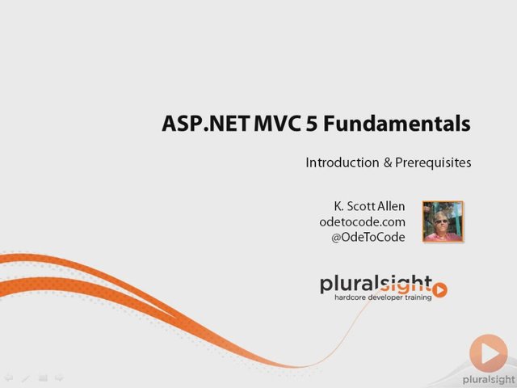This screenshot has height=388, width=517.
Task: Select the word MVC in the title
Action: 278,123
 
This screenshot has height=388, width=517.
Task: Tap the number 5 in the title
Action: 312,123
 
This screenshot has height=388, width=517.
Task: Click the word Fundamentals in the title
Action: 397,123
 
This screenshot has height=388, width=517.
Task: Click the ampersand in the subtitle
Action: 388,162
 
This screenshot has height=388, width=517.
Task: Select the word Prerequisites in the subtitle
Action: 433,163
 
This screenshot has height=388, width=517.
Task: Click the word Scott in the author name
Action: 361,206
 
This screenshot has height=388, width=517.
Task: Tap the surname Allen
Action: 391,206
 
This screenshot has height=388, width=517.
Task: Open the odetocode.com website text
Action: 363,221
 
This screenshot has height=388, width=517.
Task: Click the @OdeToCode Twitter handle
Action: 368,237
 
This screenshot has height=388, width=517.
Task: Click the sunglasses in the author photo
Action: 441,221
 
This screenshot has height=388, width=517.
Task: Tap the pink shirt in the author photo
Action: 443,236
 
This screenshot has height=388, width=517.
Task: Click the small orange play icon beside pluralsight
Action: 439,290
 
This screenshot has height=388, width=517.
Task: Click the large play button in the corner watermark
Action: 489,353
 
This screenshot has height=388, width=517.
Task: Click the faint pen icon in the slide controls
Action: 26,378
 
